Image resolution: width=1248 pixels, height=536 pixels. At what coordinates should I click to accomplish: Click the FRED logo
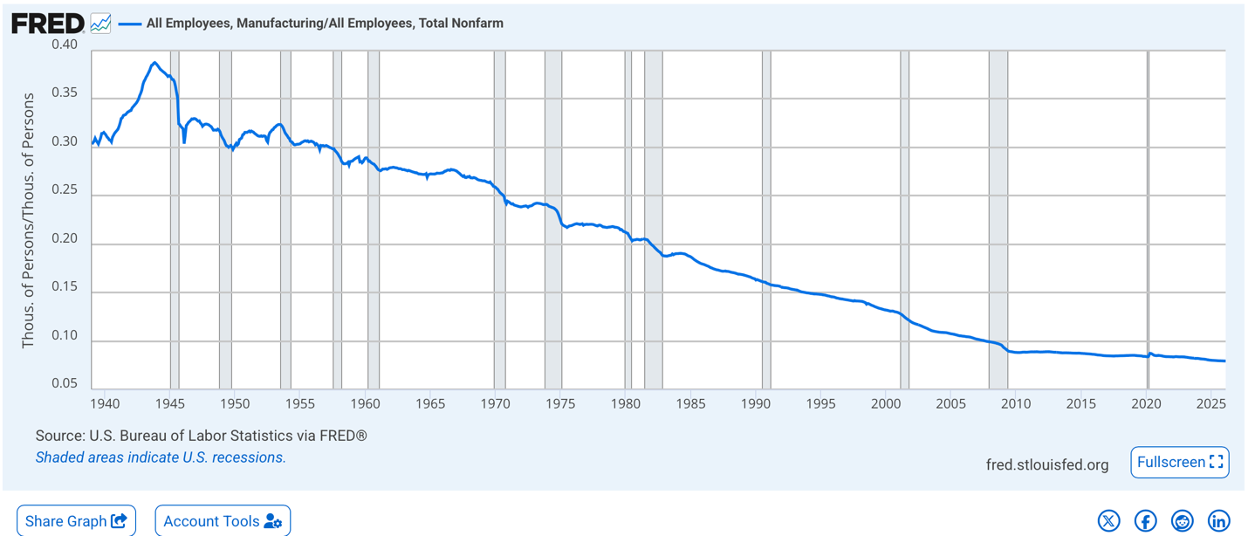48,24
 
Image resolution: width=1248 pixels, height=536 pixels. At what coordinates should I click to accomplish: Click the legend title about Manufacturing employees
325,24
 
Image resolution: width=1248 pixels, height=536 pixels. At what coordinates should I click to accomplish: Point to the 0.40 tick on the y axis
65,45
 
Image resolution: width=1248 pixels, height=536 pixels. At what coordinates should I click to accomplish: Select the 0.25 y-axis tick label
65,190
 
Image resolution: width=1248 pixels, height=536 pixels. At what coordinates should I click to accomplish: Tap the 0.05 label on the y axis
65,384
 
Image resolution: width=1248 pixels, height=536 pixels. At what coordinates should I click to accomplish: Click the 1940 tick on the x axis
105,404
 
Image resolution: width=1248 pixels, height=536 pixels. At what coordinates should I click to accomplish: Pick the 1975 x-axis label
560,404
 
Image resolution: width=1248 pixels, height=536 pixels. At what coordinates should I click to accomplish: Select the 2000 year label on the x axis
886,404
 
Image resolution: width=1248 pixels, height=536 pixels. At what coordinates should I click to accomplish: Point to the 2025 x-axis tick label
1210,404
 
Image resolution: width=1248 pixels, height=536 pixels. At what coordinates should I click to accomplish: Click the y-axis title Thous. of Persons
28,221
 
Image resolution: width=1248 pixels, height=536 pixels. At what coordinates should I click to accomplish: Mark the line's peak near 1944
154,63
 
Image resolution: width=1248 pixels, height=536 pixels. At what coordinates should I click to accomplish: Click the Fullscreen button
1180,463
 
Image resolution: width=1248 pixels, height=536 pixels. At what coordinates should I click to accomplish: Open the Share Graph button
77,521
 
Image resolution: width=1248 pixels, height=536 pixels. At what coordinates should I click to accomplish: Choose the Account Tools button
223,521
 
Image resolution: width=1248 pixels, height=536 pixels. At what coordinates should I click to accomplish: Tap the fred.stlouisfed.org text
1047,464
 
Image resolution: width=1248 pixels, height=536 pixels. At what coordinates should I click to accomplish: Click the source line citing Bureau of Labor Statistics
201,436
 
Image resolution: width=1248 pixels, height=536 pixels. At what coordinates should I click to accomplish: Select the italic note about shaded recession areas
161,457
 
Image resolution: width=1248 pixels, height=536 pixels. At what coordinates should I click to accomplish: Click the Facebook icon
1145,521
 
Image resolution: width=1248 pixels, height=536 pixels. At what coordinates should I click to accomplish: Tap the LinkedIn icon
1218,521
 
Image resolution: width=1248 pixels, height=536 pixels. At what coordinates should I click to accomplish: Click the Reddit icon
1182,521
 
